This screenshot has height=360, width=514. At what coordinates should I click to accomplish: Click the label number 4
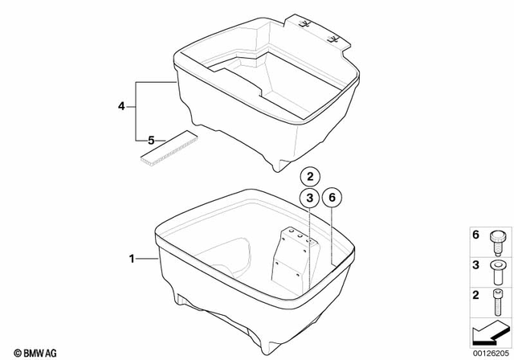[x=121, y=106]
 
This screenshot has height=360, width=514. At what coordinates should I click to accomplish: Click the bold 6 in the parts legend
[x=475, y=235]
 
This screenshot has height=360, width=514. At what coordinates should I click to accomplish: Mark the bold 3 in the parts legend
[x=475, y=264]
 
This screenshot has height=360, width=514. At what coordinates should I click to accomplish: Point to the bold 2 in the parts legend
[x=475, y=295]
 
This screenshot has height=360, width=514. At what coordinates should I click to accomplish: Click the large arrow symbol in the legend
[x=489, y=330]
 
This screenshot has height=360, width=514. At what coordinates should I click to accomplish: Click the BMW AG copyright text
[x=27, y=352]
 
